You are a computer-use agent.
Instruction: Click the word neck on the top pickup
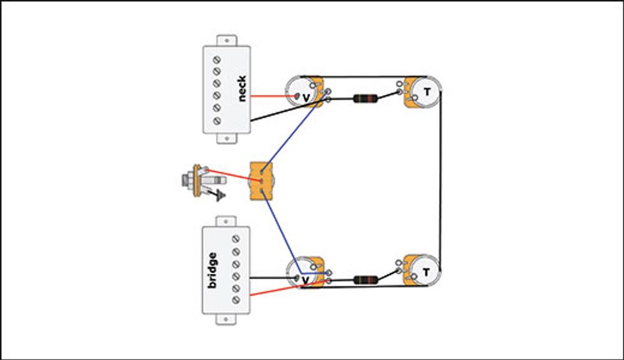coord(242,89)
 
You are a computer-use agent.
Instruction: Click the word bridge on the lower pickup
coord(212,270)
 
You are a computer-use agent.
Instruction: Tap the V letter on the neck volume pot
coord(306,98)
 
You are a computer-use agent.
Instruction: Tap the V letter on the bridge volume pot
coord(306,280)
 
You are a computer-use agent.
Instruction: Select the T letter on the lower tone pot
coord(426,273)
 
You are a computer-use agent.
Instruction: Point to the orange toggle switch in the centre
coord(261,181)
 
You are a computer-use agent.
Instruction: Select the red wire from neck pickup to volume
coord(273,96)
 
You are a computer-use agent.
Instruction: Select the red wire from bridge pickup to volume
coord(274,291)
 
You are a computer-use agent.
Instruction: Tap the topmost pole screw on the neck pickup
coord(216,59)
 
